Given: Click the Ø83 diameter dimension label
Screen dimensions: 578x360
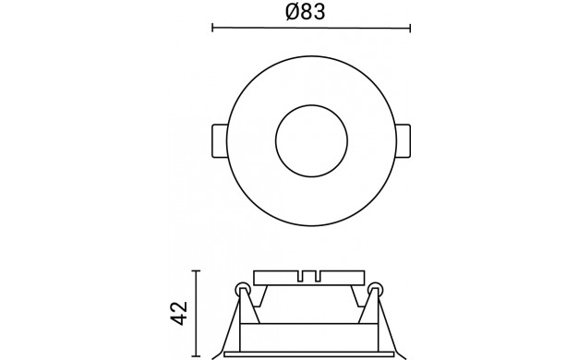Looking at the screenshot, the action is tap(306, 11).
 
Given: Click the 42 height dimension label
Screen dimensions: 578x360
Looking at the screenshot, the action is tap(180, 314).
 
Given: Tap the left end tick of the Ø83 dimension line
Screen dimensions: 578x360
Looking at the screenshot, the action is tap(212, 28).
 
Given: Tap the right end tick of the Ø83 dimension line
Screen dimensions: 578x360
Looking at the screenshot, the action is tap(410, 28).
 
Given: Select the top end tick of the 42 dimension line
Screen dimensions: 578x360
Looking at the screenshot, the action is tap(196, 270).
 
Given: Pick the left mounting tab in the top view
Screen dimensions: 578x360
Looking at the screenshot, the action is tap(220, 141).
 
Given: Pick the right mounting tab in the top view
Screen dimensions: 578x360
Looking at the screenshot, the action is tap(403, 141).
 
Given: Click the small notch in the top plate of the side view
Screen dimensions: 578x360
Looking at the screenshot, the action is tap(309, 276).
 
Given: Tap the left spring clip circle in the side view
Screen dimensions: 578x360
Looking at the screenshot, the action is tap(243, 289).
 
